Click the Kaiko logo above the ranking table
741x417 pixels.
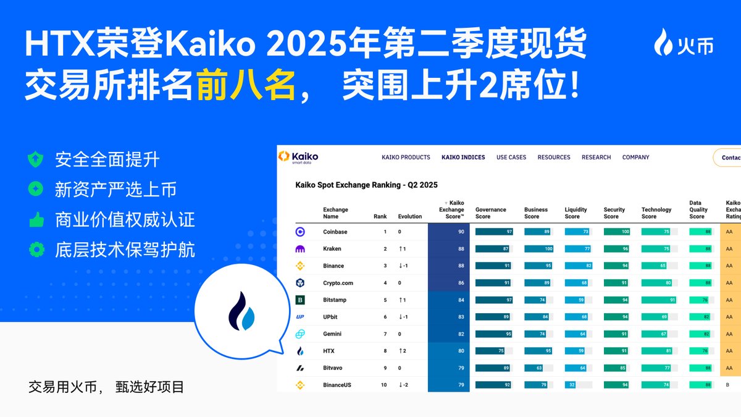(298, 157)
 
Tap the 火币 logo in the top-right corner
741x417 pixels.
(684, 43)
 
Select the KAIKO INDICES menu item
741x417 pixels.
(463, 158)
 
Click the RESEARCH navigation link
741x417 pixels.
(596, 158)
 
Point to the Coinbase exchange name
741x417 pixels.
(335, 232)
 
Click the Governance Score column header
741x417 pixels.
(490, 213)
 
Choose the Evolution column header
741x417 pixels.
(409, 217)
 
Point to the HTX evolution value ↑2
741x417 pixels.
(402, 351)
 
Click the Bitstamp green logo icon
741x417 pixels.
(300, 300)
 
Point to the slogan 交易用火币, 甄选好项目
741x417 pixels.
(106, 388)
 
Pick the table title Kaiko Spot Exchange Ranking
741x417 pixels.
(366, 185)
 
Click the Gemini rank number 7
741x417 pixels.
(385, 334)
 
